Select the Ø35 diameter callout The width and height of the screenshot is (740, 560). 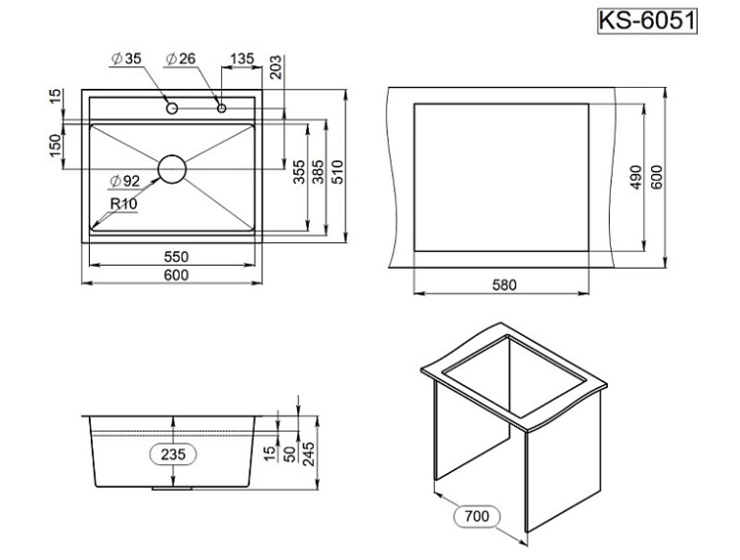127,59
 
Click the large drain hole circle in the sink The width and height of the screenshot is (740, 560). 172,168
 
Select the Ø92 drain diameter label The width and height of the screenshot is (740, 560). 127,181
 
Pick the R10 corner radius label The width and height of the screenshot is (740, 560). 123,203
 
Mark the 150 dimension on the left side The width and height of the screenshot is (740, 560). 56,144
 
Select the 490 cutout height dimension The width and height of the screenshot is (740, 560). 636,177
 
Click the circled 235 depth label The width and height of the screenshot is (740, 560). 174,453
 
